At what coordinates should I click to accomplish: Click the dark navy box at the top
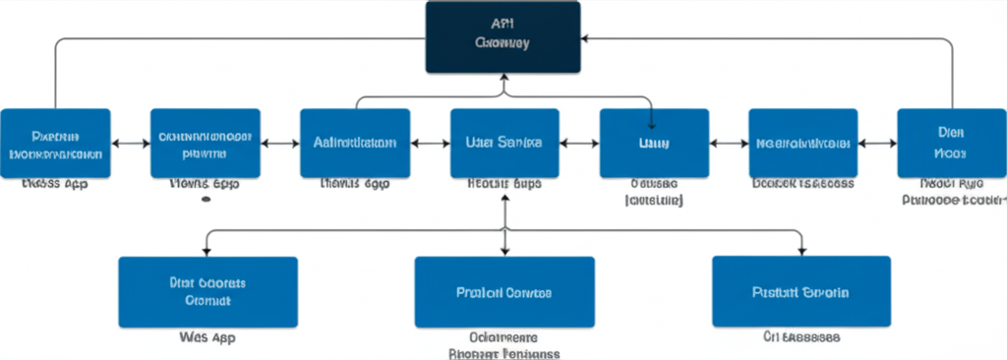pos(503,37)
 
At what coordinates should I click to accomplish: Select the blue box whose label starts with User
pos(504,143)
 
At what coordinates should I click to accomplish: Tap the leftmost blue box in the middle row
pos(56,143)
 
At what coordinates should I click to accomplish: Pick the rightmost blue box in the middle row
pos(952,143)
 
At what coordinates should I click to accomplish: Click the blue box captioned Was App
pos(207,291)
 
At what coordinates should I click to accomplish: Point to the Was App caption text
pos(207,337)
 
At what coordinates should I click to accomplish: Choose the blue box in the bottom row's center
pos(504,291)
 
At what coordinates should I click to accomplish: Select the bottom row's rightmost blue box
pos(801,291)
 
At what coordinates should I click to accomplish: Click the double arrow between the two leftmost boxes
pos(131,144)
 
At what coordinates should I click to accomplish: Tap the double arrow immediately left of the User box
pos(430,144)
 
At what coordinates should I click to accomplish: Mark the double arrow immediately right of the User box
pos(579,144)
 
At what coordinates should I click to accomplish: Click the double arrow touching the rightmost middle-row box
pos(877,144)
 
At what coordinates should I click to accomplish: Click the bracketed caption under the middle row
pos(654,200)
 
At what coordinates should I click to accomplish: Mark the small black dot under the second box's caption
pos(206,198)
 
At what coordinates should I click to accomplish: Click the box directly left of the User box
pos(355,143)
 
